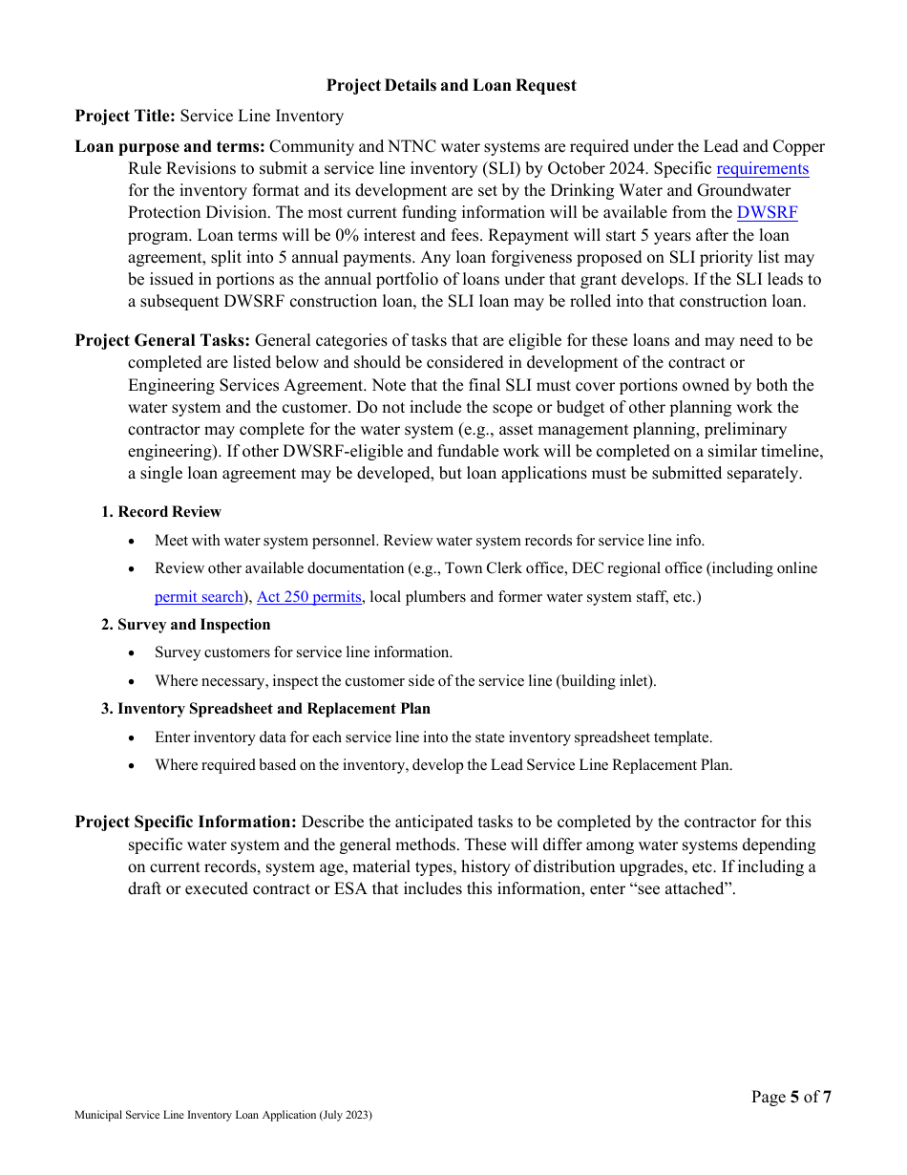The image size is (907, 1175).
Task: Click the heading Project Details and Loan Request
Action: (451, 86)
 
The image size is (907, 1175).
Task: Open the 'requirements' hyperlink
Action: (762, 169)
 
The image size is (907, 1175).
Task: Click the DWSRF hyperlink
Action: (767, 213)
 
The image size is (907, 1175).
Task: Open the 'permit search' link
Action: (199, 597)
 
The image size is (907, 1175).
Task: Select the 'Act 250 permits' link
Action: (309, 597)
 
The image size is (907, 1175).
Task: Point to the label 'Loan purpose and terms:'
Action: (170, 147)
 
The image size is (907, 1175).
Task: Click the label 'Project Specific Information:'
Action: (185, 822)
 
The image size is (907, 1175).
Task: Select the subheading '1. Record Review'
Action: (161, 512)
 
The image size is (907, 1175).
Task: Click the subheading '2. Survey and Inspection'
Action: (186, 625)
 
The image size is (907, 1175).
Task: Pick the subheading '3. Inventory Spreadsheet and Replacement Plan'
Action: (265, 709)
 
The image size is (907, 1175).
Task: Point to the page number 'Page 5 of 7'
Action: (791, 1097)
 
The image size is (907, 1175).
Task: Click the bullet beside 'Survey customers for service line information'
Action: (132, 653)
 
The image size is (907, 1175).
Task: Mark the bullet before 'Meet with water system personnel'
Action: (132, 542)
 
